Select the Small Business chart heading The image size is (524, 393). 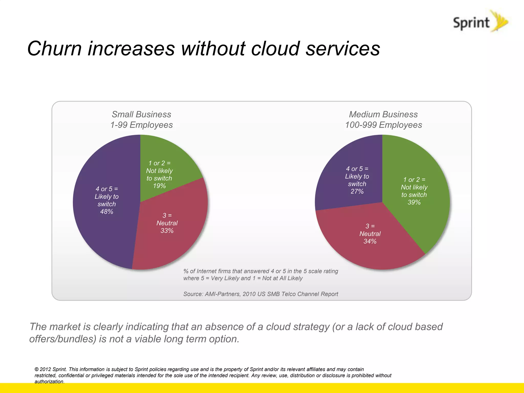[141, 114]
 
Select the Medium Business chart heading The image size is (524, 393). [383, 114]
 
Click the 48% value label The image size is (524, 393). [107, 212]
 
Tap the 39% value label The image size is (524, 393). [414, 202]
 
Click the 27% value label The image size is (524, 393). [357, 191]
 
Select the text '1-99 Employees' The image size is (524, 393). [141, 125]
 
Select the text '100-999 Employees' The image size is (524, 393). [383, 125]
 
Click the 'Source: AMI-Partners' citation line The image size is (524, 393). [260, 294]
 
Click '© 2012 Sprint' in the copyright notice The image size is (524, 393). [51, 369]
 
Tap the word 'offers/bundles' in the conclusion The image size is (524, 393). [63, 339]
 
